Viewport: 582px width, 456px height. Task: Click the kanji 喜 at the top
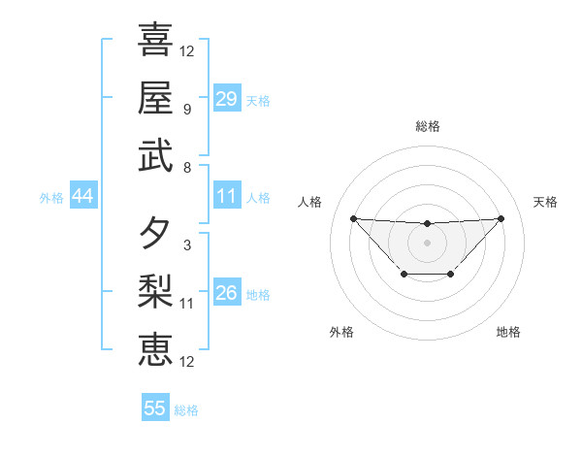click(155, 40)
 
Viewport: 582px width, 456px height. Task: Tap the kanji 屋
click(155, 97)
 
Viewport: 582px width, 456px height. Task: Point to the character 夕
click(155, 233)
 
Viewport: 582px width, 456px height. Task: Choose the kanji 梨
click(155, 291)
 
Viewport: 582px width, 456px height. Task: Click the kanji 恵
click(155, 349)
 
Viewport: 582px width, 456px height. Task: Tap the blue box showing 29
click(227, 99)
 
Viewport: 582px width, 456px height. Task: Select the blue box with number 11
click(227, 196)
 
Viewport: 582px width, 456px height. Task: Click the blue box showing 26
click(227, 293)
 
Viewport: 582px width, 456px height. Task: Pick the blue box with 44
click(82, 197)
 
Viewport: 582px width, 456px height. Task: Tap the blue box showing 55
click(155, 408)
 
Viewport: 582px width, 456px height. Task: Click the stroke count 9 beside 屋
click(187, 110)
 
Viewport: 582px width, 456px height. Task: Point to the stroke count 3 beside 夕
click(187, 245)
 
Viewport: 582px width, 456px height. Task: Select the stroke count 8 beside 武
click(187, 168)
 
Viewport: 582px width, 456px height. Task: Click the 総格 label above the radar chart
click(427, 126)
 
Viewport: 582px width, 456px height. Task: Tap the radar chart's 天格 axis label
click(545, 202)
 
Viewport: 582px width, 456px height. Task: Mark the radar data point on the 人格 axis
click(353, 218)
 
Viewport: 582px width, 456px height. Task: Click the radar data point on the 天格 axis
click(501, 218)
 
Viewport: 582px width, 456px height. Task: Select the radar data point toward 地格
click(451, 275)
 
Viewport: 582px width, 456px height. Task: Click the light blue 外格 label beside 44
click(51, 198)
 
